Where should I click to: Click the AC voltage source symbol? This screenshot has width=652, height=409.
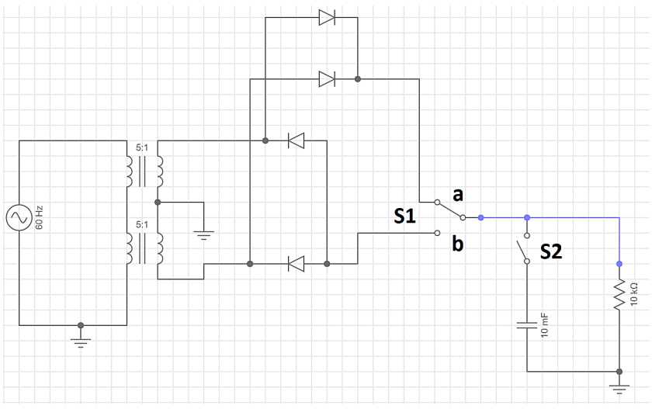[19, 217]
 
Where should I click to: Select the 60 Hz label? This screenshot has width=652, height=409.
[39, 217]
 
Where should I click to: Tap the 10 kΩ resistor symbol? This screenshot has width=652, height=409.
[619, 294]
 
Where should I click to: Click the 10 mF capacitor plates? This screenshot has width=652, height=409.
[527, 325]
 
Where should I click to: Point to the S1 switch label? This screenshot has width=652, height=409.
[404, 216]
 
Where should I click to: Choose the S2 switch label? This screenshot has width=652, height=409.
[551, 251]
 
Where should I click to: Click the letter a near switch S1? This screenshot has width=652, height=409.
[458, 195]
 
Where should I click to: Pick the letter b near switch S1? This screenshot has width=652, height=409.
[458, 244]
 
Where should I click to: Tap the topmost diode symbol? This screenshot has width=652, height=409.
[327, 17]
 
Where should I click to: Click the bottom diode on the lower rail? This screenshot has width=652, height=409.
[296, 264]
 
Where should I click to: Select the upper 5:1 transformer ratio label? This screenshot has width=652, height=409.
[142, 147]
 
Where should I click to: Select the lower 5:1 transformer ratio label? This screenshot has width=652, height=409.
[142, 224]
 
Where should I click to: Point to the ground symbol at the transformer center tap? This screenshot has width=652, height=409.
[203, 236]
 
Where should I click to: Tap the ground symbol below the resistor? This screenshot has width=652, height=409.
[619, 390]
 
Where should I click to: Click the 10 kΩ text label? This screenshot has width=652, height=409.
[633, 294]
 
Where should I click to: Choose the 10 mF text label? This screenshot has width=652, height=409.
[545, 325]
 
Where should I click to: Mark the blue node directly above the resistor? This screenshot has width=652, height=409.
[619, 264]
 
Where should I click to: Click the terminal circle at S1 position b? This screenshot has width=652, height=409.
[437, 233]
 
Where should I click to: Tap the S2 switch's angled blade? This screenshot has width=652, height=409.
[522, 251]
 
